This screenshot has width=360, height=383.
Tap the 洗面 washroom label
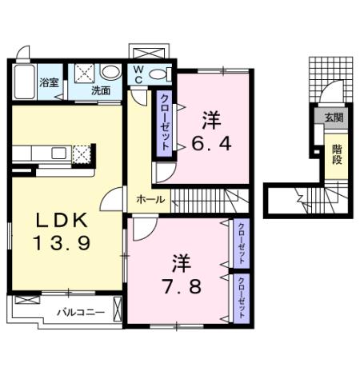[101, 91]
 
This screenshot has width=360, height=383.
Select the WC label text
[138, 74]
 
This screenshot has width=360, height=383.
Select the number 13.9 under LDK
[58, 241]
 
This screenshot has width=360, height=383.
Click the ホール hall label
[151, 198]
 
